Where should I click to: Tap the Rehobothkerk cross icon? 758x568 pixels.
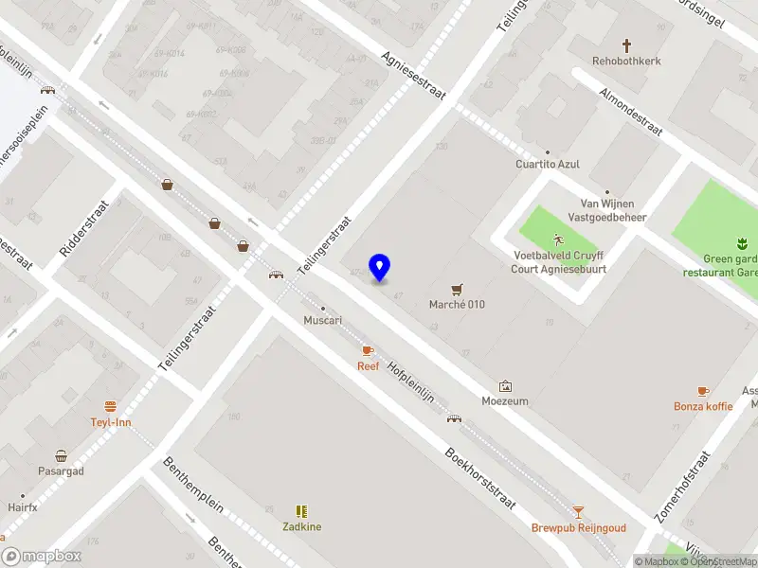(x=626, y=45)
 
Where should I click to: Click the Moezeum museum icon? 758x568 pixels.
(x=505, y=386)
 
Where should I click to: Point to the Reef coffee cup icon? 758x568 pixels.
(x=368, y=351)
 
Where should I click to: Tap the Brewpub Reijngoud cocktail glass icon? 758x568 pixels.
(x=578, y=512)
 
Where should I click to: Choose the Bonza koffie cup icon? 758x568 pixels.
(x=703, y=391)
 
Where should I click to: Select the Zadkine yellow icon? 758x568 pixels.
(x=301, y=511)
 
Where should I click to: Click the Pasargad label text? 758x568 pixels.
(x=61, y=470)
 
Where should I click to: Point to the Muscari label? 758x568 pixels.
(x=322, y=320)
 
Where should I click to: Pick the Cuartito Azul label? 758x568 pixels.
(x=547, y=164)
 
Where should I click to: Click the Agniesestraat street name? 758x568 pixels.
(x=413, y=75)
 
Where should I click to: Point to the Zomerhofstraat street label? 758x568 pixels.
(x=682, y=487)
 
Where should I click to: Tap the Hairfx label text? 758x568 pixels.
(x=22, y=507)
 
